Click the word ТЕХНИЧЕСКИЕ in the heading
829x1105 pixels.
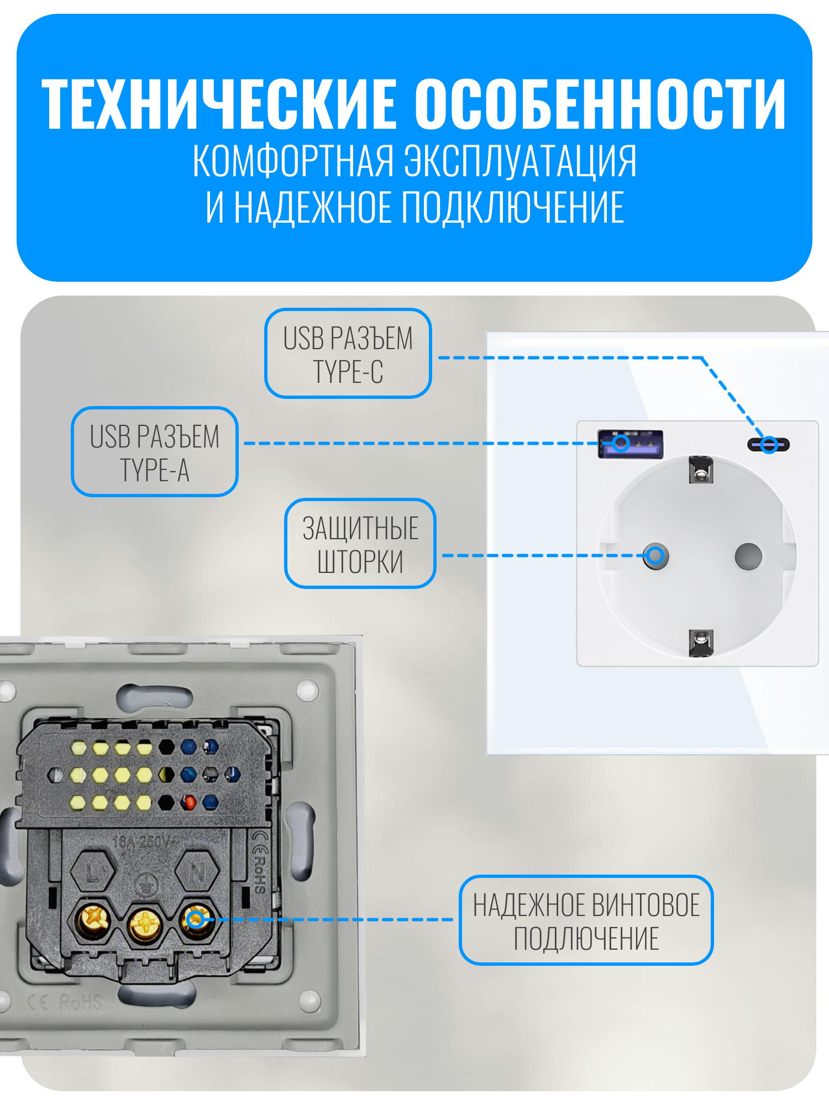(219, 104)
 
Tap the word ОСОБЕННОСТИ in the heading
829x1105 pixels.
(600, 104)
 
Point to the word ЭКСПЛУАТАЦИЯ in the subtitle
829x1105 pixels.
(520, 161)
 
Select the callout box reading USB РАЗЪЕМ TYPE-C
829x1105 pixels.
(348, 354)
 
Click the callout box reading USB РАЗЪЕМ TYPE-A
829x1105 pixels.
(155, 452)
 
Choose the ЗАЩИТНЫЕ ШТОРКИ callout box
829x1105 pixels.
(360, 544)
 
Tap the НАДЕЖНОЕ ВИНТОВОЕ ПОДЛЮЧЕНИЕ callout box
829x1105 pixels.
(586, 920)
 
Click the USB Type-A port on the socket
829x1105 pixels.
(630, 443)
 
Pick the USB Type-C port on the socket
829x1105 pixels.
(769, 444)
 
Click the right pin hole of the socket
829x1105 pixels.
(748, 556)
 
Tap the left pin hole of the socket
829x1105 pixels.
(655, 556)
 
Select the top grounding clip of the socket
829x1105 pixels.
(701, 470)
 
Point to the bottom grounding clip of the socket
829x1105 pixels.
(701, 643)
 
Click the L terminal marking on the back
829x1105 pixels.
(93, 872)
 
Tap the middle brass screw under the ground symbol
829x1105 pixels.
(145, 923)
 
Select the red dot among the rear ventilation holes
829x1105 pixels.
(188, 802)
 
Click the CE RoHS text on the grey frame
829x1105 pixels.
(65, 1001)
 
